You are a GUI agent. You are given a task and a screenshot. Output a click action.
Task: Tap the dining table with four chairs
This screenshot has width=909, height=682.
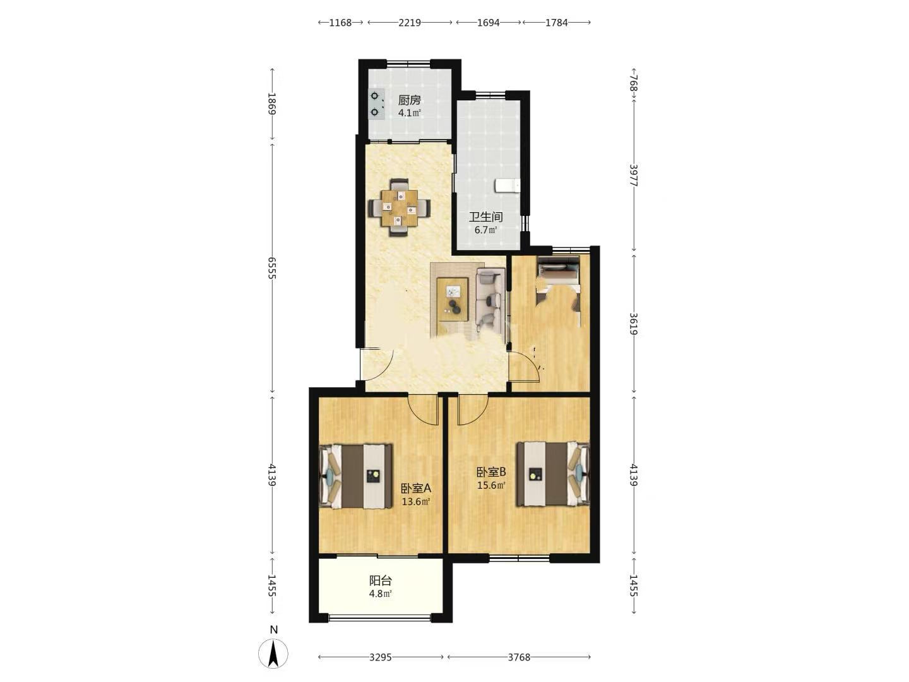tap(399, 208)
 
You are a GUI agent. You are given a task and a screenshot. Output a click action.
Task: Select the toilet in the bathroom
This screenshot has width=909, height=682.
tap(508, 185)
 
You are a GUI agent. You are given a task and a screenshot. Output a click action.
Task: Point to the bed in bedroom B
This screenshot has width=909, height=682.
tap(553, 474)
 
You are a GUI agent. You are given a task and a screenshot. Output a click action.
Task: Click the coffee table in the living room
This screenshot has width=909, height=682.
tap(453, 299)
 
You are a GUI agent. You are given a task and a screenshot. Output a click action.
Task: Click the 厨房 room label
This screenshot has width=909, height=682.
tap(410, 100)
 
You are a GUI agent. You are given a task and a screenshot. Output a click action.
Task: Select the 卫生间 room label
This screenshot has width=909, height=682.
tap(486, 217)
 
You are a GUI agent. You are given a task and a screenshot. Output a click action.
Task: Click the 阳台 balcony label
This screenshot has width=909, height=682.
tap(380, 580)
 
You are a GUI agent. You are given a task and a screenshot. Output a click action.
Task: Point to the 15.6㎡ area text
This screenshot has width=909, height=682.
tap(491, 486)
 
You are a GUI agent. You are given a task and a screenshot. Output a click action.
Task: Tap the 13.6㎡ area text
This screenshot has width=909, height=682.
tap(416, 502)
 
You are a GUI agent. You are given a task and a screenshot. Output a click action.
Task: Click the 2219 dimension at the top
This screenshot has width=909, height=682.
tap(410, 23)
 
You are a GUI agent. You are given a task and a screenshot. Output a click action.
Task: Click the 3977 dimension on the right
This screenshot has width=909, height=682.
tap(634, 176)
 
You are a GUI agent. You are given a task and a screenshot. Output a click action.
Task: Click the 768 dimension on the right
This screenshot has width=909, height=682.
tap(634, 83)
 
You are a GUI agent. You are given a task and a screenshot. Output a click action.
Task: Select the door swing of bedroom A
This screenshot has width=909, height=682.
tap(423, 410)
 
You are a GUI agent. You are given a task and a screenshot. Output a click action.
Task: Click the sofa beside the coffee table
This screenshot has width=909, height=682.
tap(490, 299)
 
